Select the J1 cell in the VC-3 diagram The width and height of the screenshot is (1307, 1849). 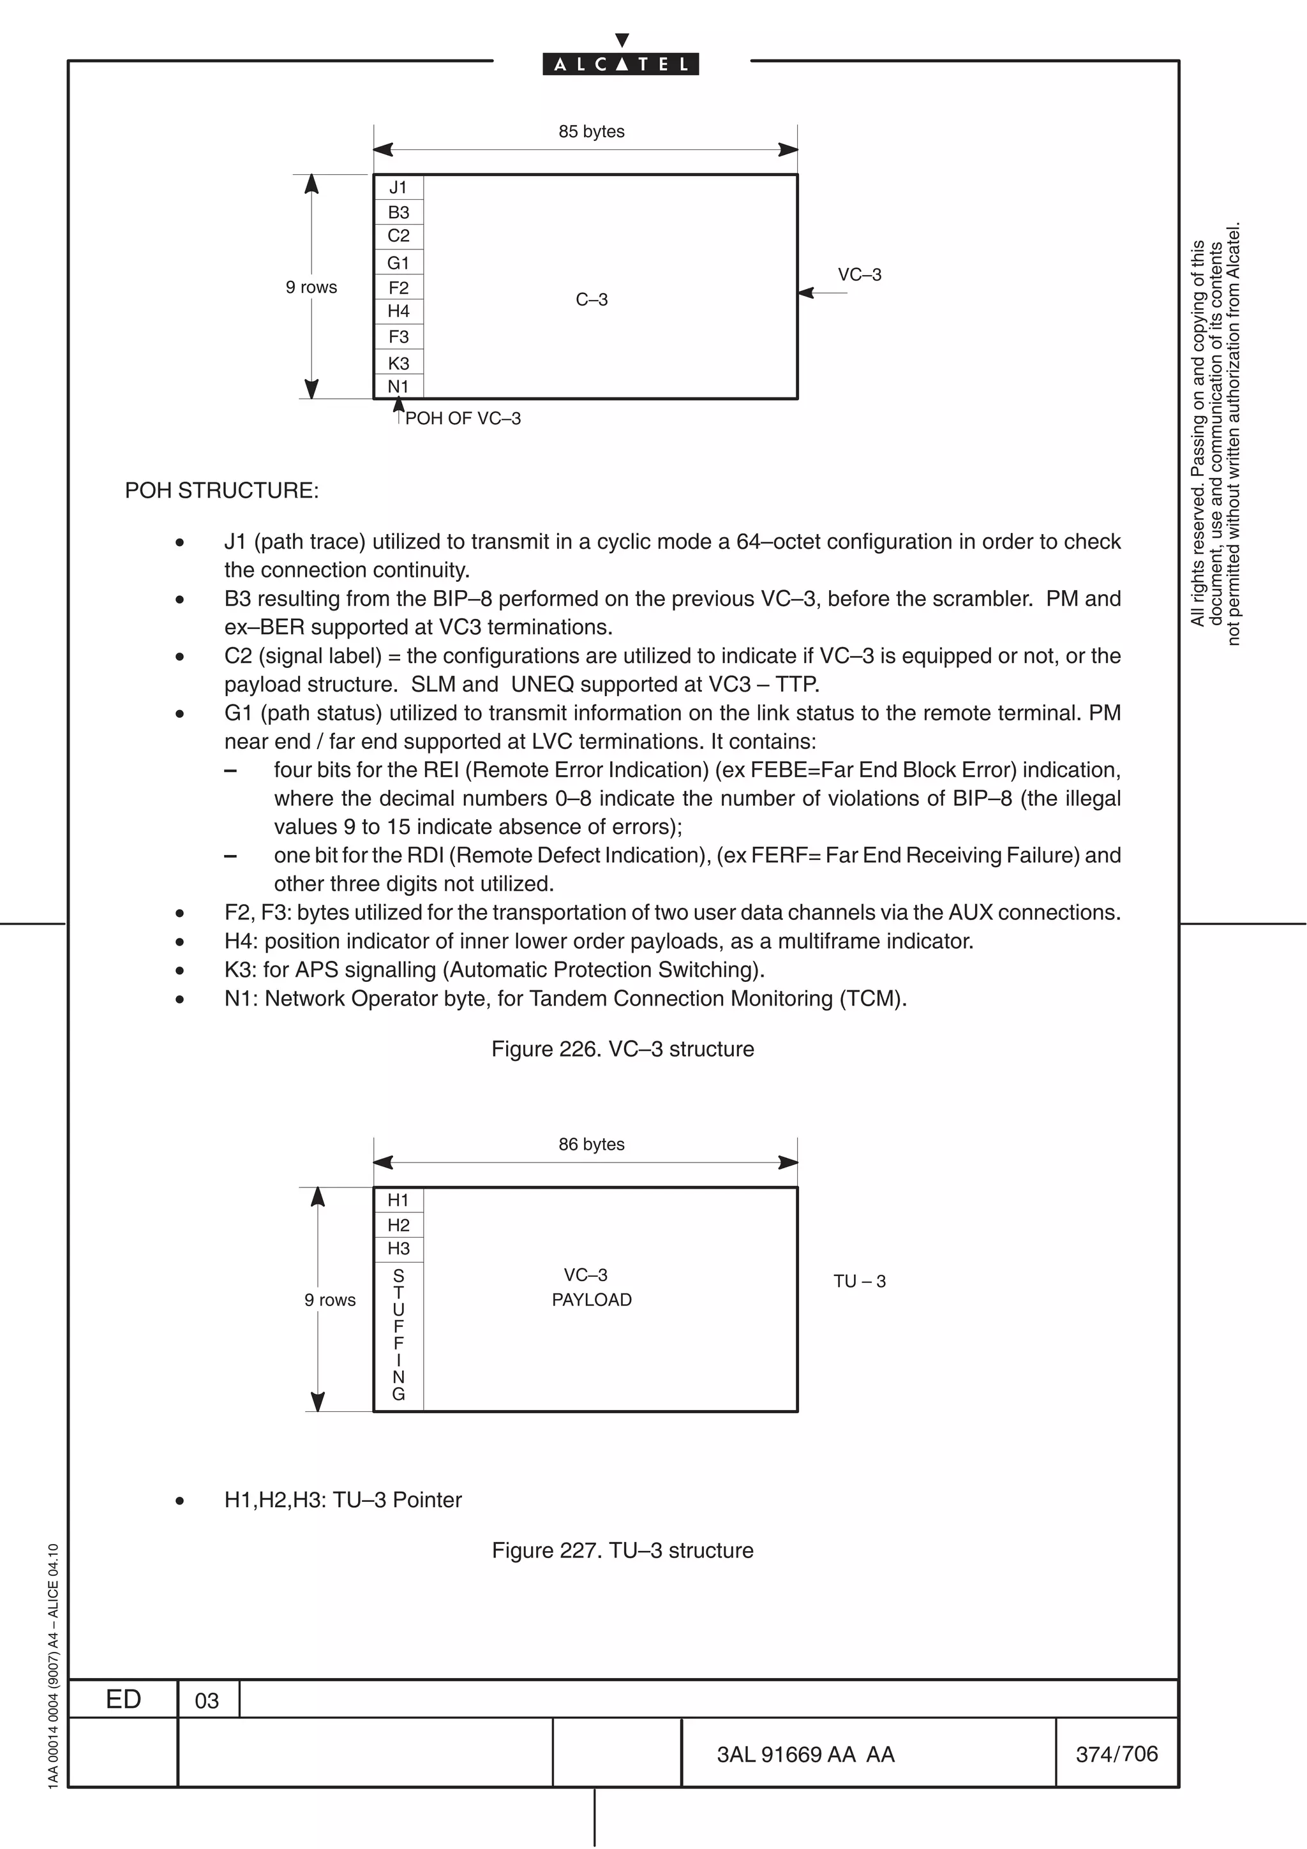coord(398,188)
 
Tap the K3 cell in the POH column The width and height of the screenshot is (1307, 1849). coord(398,362)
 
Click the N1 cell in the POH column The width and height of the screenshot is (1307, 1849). coord(398,387)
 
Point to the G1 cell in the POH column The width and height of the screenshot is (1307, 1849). coord(398,262)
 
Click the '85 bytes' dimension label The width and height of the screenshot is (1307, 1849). coord(591,131)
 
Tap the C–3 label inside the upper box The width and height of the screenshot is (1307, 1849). coord(591,300)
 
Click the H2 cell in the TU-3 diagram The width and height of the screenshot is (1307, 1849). coord(398,1225)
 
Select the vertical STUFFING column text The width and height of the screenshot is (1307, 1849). coord(398,1334)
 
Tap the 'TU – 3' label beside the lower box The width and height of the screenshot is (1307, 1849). coord(859,1281)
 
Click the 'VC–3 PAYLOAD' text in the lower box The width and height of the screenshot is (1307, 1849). coord(591,1287)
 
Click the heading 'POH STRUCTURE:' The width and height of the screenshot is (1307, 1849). coord(221,491)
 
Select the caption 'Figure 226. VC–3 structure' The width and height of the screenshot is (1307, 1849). coord(622,1050)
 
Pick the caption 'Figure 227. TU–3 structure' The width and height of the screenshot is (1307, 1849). coord(622,1550)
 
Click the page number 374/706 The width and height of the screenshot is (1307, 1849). coord(1116,1753)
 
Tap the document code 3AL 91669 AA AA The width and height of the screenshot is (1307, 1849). coord(805,1754)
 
